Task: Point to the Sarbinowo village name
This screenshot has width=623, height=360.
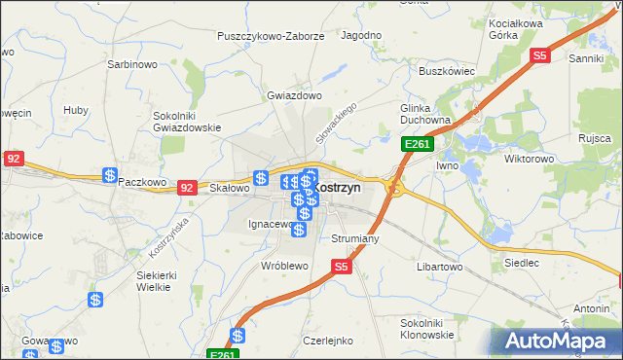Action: pos(132,64)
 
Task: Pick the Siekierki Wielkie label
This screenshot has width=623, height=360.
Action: pos(156,281)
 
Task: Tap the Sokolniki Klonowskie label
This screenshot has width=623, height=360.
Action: pos(427,328)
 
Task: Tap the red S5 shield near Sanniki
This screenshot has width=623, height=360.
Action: pos(541,56)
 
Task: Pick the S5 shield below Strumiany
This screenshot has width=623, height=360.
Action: pos(340,265)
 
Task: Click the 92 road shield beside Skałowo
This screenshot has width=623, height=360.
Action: pos(189,187)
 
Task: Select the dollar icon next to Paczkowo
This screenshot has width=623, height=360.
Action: pos(110,175)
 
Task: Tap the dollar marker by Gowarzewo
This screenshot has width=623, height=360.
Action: pos(56,345)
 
